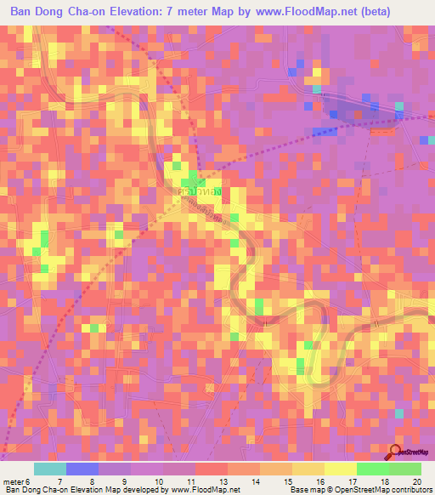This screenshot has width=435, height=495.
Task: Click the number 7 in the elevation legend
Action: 59,480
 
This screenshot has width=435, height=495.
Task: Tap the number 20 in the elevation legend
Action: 417,480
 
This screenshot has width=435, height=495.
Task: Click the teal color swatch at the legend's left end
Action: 49,469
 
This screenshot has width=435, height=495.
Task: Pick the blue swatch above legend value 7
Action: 82,469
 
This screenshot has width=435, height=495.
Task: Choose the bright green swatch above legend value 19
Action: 372,469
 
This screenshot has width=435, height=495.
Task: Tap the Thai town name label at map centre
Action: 197,192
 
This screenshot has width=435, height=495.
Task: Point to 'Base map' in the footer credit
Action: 306,490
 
